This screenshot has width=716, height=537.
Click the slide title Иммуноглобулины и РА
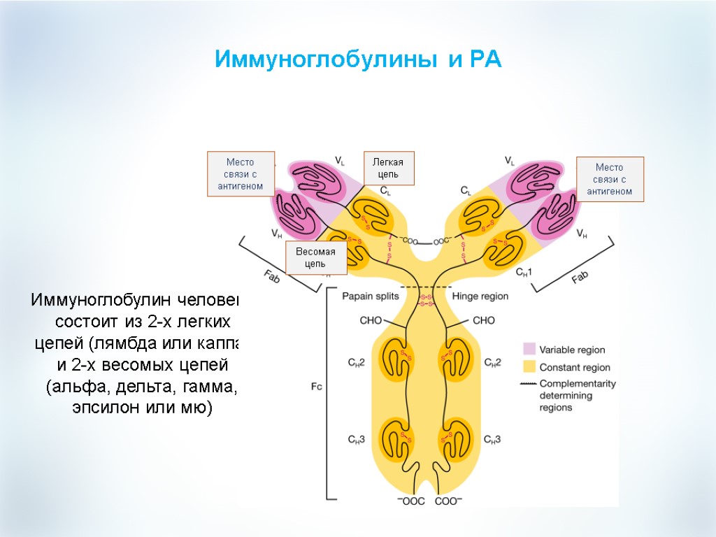point(358,59)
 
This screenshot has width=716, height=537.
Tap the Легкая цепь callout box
point(389,169)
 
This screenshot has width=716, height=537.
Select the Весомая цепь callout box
point(315,258)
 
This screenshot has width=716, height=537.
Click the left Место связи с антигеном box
point(241,173)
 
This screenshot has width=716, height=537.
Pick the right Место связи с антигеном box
point(609,180)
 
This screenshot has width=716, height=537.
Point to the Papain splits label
point(370,296)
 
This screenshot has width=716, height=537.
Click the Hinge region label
point(480,296)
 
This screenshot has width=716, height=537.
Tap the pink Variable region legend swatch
point(529,349)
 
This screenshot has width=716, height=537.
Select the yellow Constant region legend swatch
point(529,366)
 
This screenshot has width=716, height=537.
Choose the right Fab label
point(580,277)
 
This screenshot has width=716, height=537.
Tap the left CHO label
point(370,321)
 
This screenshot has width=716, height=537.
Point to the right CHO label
point(484,321)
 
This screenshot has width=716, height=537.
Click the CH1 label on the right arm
point(524,271)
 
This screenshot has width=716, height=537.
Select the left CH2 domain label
point(356,362)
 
